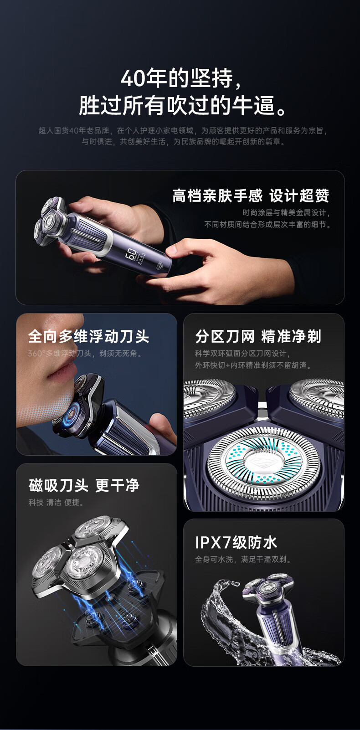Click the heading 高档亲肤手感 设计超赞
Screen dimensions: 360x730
point(251,195)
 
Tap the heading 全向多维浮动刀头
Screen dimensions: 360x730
point(88,336)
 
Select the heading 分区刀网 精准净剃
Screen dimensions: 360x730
point(258,336)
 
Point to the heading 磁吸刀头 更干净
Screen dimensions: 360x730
point(84,485)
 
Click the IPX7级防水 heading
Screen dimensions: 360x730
point(236,543)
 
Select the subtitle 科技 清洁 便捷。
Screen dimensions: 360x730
point(57,502)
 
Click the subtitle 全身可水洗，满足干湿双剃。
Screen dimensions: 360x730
point(243,559)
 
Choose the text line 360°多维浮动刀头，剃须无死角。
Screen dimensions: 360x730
point(86,353)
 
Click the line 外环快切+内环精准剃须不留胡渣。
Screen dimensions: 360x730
point(253,365)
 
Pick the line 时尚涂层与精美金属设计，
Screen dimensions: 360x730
point(286,212)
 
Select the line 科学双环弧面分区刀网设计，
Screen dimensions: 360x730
point(242,353)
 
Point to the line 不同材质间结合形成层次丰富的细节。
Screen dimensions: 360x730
point(267,224)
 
